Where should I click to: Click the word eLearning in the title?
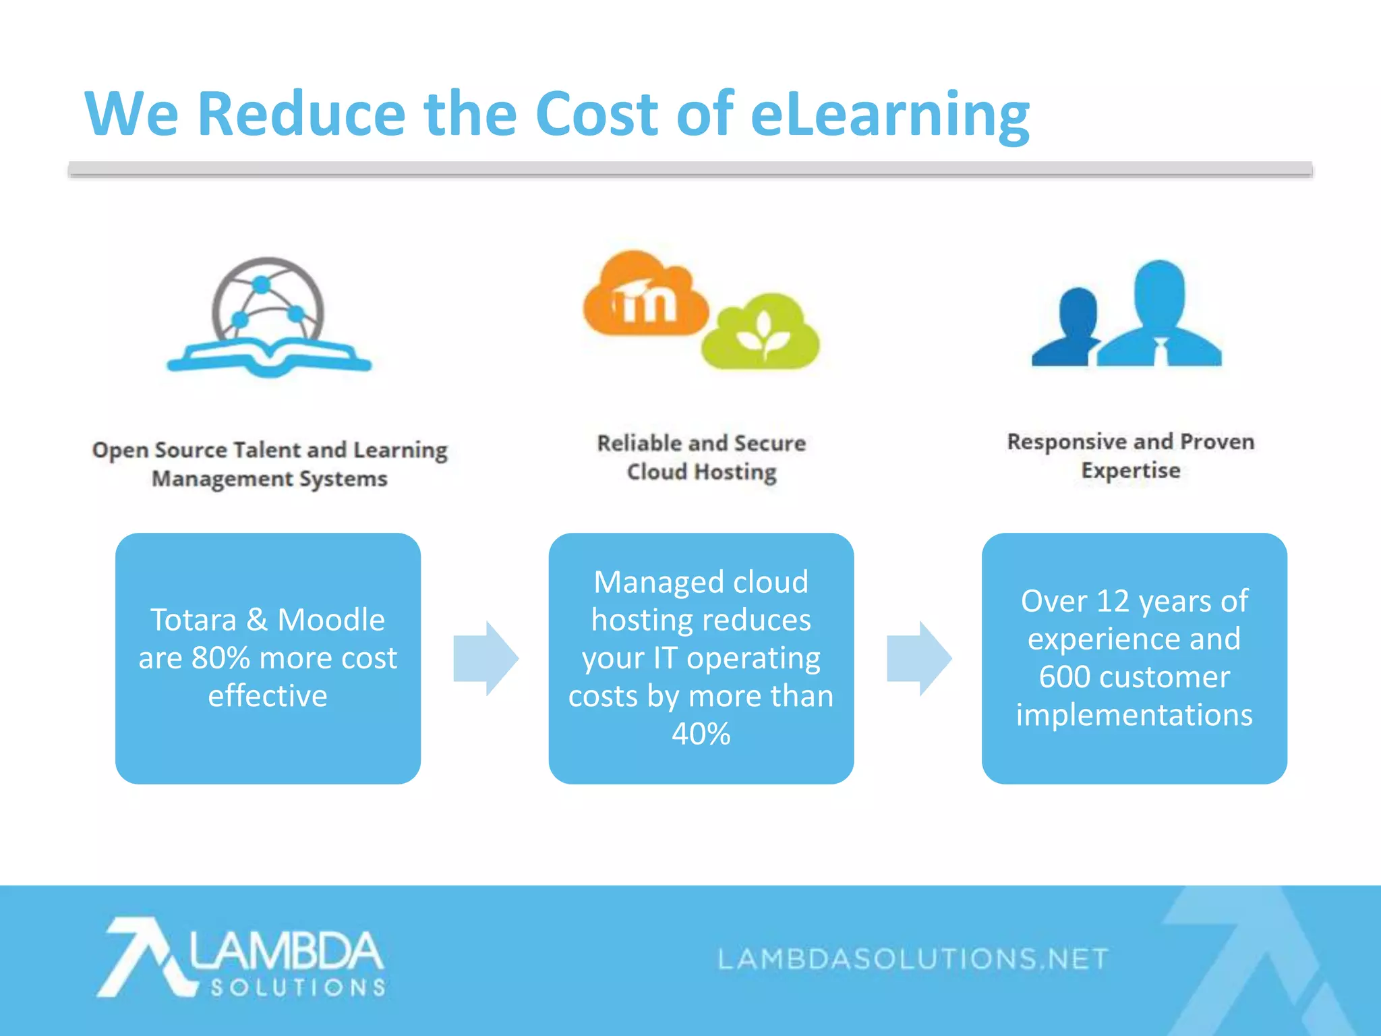(889, 115)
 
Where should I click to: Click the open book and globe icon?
(269, 318)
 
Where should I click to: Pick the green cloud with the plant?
(762, 333)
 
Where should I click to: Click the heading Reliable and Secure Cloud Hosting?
(701, 457)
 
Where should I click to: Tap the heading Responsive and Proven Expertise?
(1131, 456)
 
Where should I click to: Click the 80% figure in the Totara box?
(221, 658)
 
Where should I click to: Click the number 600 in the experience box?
(1063, 677)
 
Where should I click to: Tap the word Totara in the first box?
(194, 620)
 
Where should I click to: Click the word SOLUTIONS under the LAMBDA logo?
(298, 988)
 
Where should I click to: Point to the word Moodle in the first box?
(331, 620)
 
